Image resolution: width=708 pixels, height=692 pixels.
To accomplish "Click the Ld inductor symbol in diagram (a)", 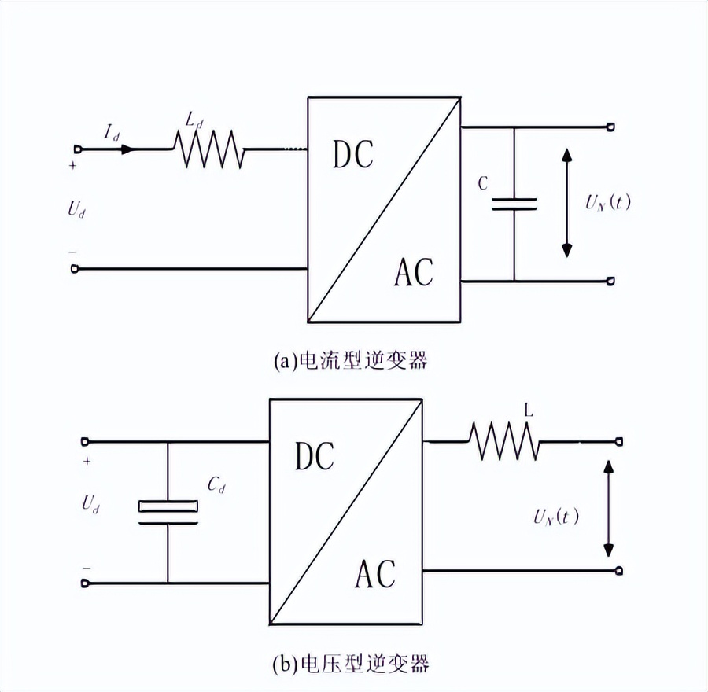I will pyautogui.click(x=208, y=149).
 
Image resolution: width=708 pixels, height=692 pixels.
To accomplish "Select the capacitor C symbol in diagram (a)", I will pyautogui.click(x=514, y=204).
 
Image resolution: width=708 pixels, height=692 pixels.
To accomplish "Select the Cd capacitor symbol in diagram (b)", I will pyautogui.click(x=168, y=511).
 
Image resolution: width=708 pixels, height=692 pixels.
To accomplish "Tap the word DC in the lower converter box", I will pyautogui.click(x=315, y=456).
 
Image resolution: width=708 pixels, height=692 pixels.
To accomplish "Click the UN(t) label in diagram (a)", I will pyautogui.click(x=607, y=202).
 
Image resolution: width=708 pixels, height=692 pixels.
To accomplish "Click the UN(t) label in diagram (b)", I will pyautogui.click(x=555, y=517).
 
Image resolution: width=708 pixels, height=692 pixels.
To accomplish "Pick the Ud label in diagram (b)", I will pyautogui.click(x=90, y=505).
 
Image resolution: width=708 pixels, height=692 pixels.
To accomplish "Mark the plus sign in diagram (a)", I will pyautogui.click(x=73, y=167).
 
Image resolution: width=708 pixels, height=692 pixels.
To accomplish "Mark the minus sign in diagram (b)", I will pyautogui.click(x=86, y=567).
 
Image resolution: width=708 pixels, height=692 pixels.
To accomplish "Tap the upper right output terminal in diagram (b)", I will pyautogui.click(x=620, y=442).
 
